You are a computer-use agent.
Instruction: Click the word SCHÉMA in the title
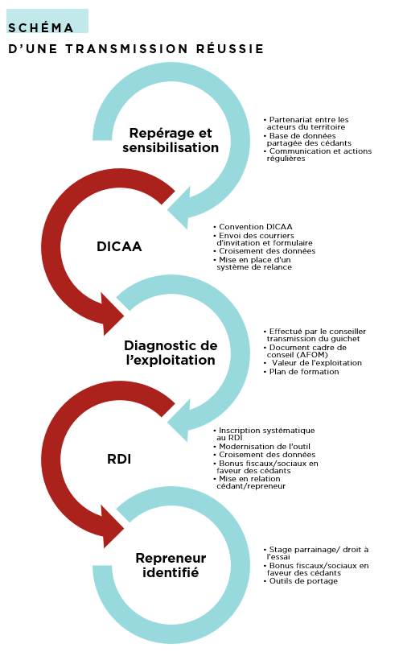click(41, 28)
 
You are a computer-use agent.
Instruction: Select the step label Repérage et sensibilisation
click(171, 140)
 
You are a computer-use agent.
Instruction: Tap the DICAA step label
click(119, 246)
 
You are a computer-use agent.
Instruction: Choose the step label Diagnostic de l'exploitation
click(171, 353)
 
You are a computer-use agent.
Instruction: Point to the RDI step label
click(119, 459)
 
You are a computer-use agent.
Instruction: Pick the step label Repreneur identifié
click(171, 565)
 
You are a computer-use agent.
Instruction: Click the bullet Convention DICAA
click(253, 227)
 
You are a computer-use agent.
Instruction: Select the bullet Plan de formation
click(301, 372)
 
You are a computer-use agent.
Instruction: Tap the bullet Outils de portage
click(301, 581)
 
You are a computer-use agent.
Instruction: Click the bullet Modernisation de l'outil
click(261, 446)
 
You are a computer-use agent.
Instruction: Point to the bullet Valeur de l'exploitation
click(313, 362)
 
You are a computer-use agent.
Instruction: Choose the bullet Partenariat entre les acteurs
click(306, 123)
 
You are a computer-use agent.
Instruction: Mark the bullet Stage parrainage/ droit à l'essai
click(316, 553)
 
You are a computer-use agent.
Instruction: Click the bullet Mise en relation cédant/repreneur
click(249, 482)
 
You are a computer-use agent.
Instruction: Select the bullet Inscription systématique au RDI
click(264, 434)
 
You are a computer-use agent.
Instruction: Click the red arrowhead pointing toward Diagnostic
click(111, 315)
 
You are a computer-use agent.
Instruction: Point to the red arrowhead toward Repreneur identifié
click(111, 526)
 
